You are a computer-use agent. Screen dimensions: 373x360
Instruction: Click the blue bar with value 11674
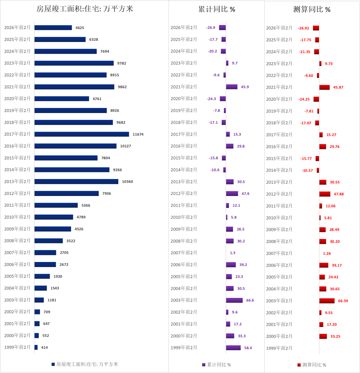(x=82, y=134)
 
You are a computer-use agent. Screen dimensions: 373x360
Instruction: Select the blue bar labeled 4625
(x=53, y=28)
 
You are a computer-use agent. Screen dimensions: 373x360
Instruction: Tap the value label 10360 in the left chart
(x=127, y=182)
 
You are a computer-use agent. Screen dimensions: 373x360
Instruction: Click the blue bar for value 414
(x=36, y=347)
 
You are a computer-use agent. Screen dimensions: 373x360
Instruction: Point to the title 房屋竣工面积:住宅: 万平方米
(x=85, y=9)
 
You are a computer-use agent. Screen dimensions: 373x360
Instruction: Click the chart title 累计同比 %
(x=217, y=9)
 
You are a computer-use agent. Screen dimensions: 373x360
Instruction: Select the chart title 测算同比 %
(x=312, y=9)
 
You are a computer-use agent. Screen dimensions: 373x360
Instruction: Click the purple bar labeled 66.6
(x=234, y=300)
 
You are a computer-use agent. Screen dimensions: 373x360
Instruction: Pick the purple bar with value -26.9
(x=222, y=28)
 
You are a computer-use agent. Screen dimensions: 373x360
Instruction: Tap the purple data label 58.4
(x=248, y=348)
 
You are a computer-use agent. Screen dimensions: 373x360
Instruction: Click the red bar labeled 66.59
(x=327, y=301)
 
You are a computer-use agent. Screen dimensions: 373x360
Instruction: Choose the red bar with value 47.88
(x=325, y=194)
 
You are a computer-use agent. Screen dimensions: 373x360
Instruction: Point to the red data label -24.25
(x=304, y=99)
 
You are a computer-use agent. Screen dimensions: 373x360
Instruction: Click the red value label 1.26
(x=327, y=253)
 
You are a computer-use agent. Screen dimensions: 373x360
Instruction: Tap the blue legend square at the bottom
(x=53, y=364)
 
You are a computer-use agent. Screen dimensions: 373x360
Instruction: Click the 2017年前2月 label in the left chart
(x=17, y=134)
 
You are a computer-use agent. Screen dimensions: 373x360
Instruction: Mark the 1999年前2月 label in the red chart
(x=279, y=348)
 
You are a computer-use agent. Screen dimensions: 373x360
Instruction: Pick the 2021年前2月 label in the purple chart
(x=184, y=87)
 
